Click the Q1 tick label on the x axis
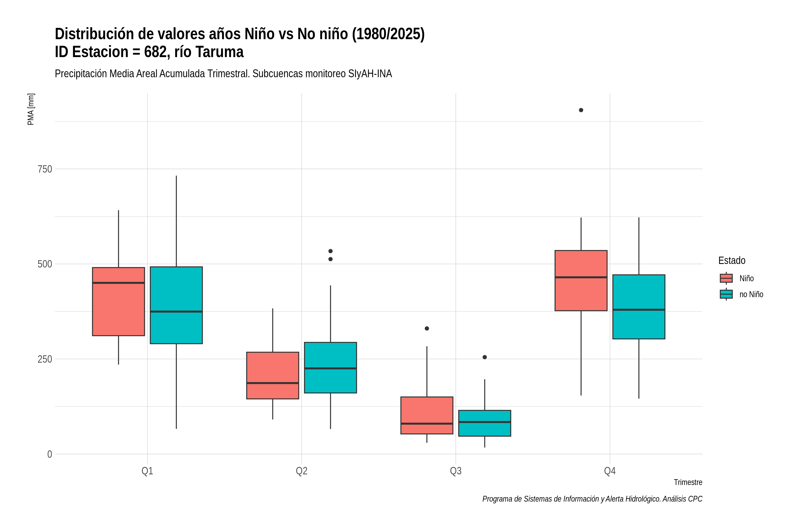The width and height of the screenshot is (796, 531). click(x=147, y=471)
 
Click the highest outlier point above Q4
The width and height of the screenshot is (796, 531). click(x=581, y=110)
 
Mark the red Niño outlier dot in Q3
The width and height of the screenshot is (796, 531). click(x=427, y=329)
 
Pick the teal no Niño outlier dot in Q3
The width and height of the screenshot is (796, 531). click(x=485, y=357)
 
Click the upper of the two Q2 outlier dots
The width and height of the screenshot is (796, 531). click(x=331, y=251)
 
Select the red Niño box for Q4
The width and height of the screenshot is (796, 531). click(x=581, y=280)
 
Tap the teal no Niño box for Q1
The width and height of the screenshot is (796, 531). click(x=176, y=305)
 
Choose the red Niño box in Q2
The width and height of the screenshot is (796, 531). click(x=273, y=375)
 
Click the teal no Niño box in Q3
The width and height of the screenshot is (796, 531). click(x=485, y=423)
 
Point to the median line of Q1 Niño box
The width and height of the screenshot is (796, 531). click(x=119, y=283)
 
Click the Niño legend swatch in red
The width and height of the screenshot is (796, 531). click(x=726, y=278)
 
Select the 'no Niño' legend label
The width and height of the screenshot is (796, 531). click(x=751, y=294)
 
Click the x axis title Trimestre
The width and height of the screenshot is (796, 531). click(x=688, y=482)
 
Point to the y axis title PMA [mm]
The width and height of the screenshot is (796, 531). click(x=31, y=109)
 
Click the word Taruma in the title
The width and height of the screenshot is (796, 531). click(x=220, y=52)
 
